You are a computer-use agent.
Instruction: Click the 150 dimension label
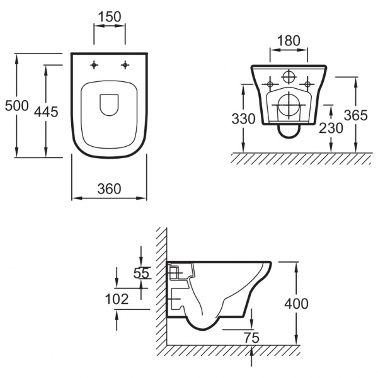click(110, 17)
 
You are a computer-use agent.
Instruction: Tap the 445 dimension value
click(45, 112)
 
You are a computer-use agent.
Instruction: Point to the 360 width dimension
click(109, 188)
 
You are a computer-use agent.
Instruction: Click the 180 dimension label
click(289, 40)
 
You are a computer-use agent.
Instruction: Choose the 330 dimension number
click(244, 118)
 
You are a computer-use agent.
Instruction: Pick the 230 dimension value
click(331, 127)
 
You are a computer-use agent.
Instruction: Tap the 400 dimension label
click(296, 304)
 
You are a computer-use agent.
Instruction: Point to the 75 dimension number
click(251, 337)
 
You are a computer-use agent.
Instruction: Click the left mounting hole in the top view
click(94, 64)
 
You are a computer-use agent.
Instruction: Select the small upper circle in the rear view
click(289, 77)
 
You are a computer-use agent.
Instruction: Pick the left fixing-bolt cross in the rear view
click(270, 83)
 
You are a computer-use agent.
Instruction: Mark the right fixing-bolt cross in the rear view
click(307, 83)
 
